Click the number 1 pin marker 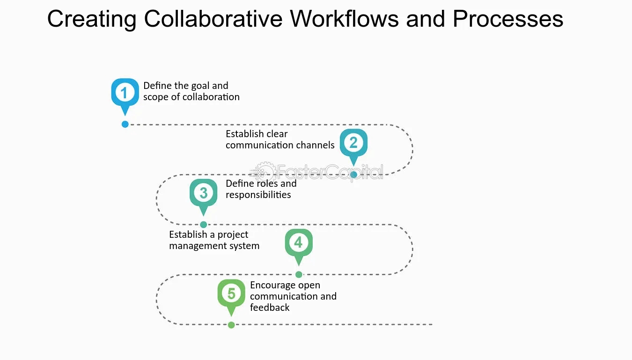125,93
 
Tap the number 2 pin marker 353,143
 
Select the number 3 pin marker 203,193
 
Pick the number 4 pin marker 299,243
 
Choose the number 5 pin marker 231,294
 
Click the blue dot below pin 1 125,124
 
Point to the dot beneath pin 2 354,175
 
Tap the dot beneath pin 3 203,225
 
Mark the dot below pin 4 299,274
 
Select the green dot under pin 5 231,325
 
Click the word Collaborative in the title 213,19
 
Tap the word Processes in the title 508,19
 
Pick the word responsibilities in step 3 258,195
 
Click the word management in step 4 193,246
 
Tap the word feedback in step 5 270,308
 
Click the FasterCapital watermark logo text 328,172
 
